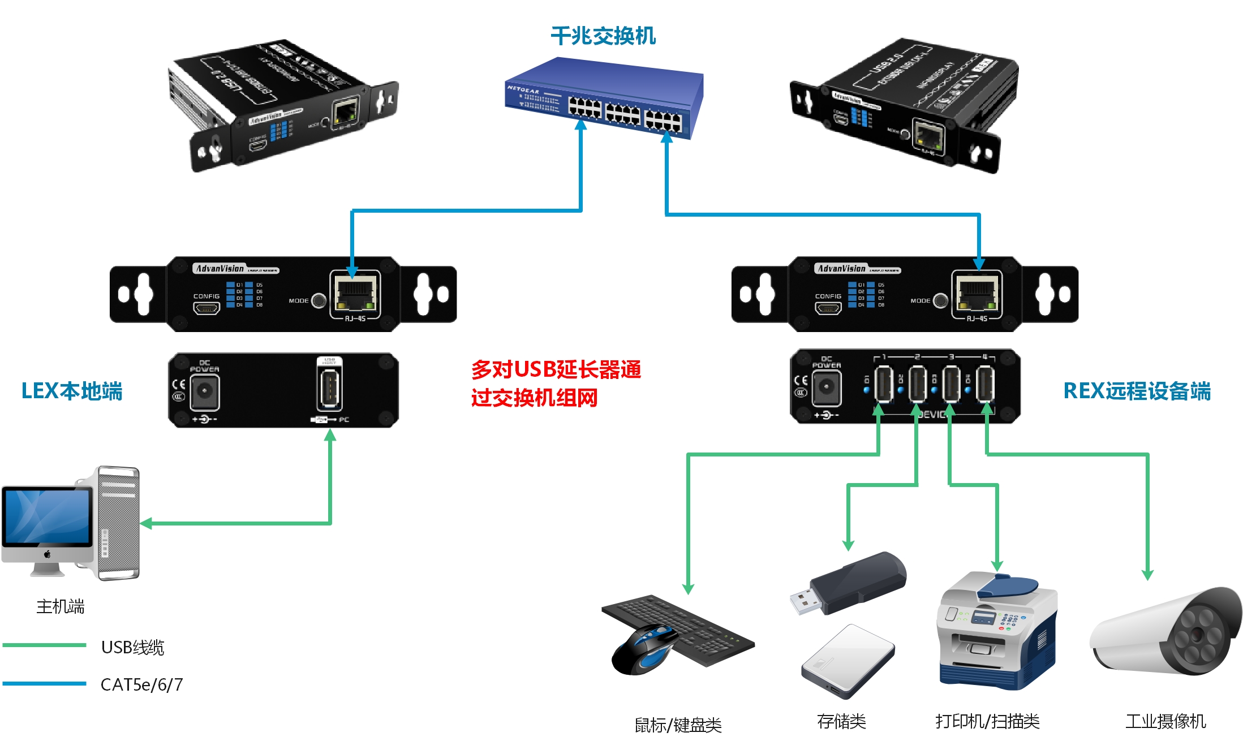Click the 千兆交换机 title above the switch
coord(603,36)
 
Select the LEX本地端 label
coord(72,391)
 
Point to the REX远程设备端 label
coord(1137,391)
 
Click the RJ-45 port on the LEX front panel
coord(355,295)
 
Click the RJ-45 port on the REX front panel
coord(977,295)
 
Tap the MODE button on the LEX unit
coord(319,300)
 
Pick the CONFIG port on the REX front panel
coord(828,308)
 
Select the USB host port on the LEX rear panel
coord(329,389)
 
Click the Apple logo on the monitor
coord(48,554)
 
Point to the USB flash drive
coord(849,583)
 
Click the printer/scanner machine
coord(997,631)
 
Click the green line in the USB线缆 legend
coord(44,645)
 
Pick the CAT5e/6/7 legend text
coord(141,684)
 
